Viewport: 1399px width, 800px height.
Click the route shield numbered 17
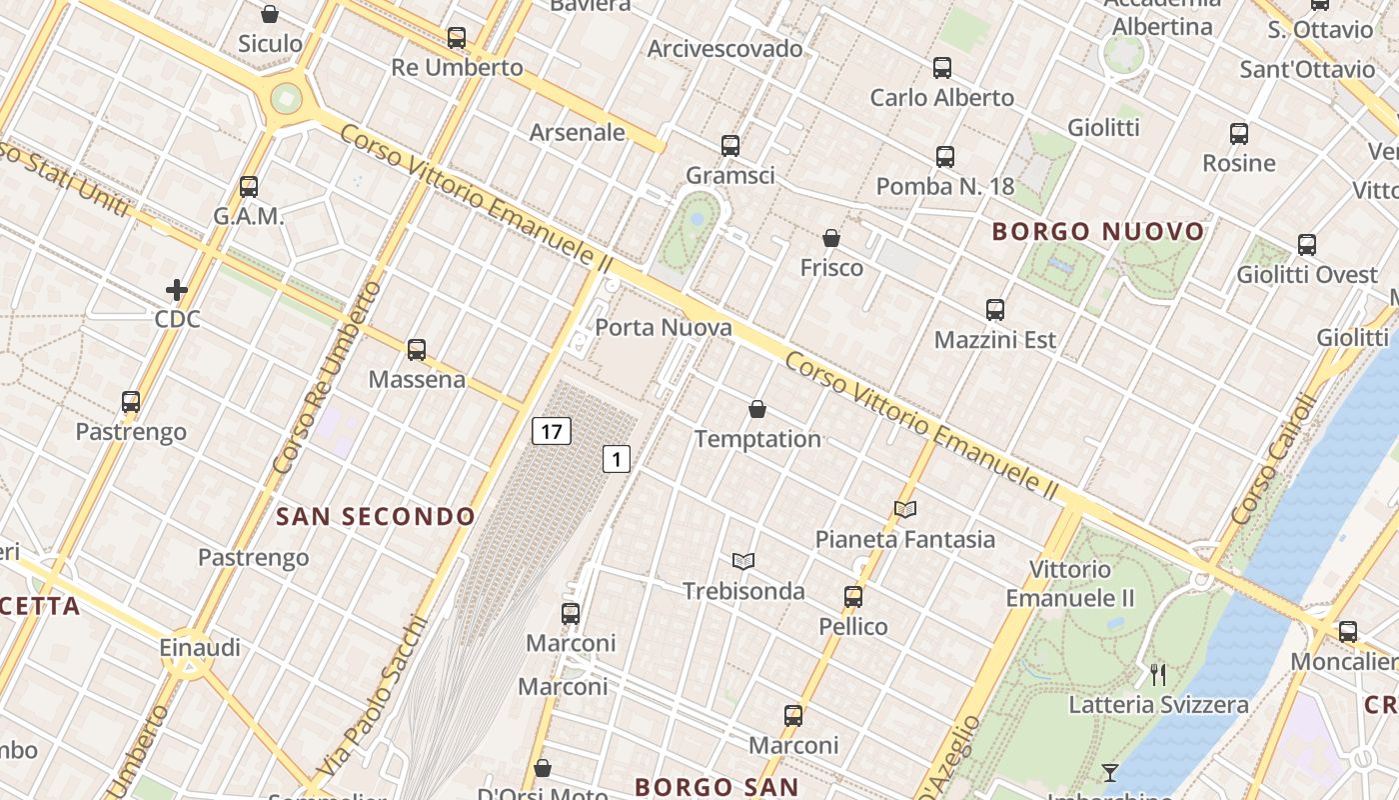pos(551,431)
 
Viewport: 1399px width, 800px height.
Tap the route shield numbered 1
pos(617,459)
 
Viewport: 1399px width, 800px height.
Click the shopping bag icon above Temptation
pos(757,409)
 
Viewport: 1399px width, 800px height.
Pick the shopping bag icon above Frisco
pos(830,238)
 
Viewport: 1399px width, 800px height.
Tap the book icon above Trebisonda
pos(742,561)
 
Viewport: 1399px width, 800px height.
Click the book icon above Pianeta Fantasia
pos(905,509)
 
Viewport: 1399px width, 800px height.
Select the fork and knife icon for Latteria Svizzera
pos(1158,675)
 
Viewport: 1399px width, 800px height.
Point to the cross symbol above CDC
pos(177,290)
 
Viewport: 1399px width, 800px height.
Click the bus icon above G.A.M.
pos(249,187)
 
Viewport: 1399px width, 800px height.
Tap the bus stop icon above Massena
pos(417,350)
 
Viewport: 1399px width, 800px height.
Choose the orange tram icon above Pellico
pos(852,597)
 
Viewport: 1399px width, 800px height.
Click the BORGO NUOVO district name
pos(1098,232)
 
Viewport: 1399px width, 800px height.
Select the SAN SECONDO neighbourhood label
pos(376,516)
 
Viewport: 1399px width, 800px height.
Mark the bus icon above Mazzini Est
pos(994,310)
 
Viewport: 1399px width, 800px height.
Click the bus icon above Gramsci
pos(730,146)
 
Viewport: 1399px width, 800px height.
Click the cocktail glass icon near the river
pos(1110,772)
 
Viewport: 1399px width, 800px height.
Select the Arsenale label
pos(577,132)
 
